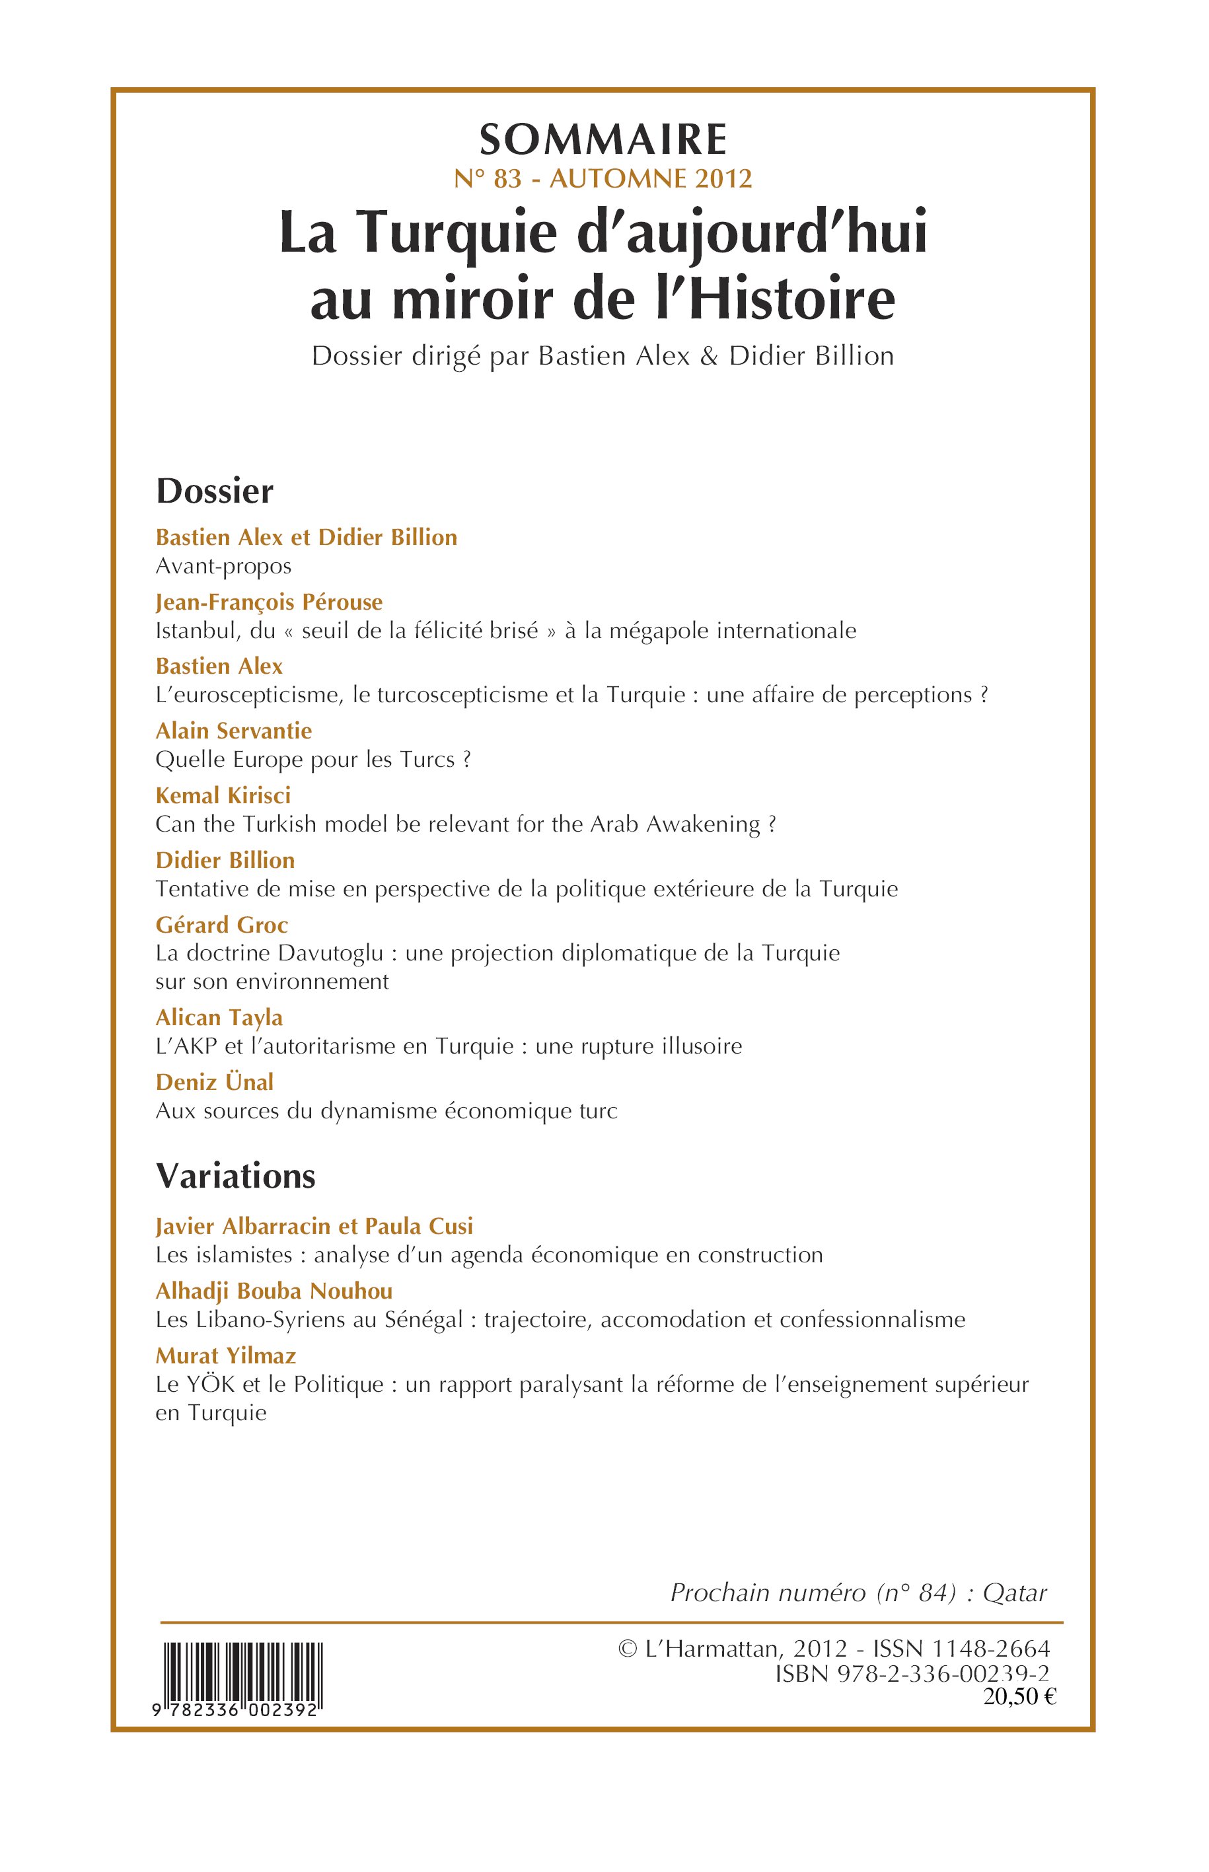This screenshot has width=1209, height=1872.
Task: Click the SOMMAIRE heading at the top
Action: (603, 141)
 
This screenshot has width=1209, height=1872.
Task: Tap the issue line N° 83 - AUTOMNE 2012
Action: (603, 179)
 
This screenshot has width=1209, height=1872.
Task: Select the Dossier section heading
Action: (214, 491)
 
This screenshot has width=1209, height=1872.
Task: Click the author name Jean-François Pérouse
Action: (268, 602)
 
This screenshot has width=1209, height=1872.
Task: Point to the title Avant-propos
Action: (223, 566)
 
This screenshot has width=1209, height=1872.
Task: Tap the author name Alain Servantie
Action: (233, 731)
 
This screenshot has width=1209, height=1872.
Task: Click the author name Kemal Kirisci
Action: (223, 795)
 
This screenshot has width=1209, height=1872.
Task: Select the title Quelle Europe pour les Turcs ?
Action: (312, 760)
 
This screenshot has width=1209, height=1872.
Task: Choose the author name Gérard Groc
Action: (221, 925)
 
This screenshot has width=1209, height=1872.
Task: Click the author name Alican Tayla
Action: (219, 1017)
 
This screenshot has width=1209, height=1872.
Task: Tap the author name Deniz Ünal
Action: (214, 1081)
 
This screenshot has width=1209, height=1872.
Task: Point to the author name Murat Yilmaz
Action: (225, 1355)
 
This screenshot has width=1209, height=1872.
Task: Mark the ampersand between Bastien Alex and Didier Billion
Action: (708, 356)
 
